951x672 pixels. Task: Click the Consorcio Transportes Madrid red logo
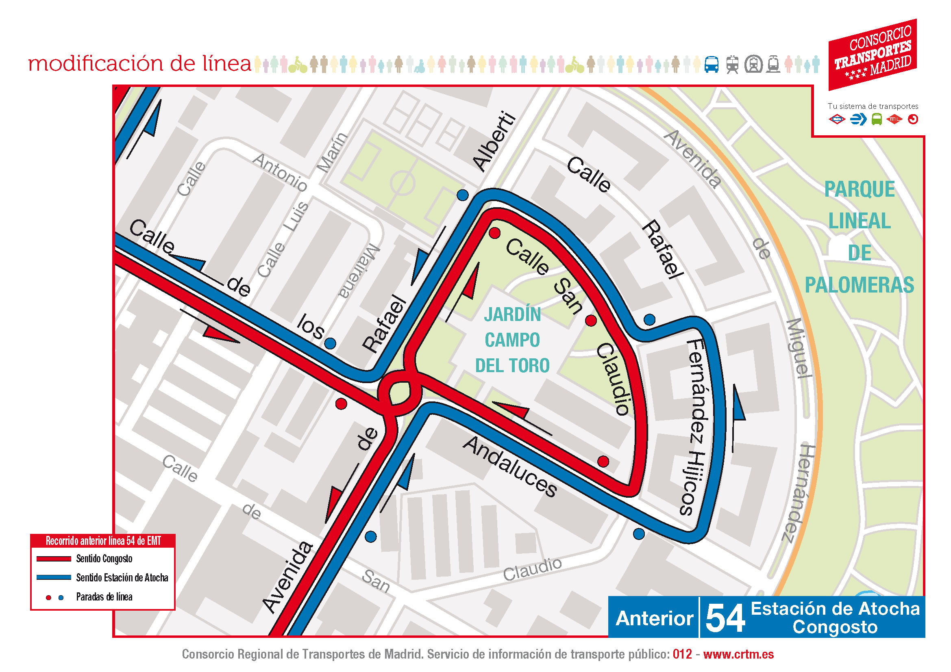(872, 54)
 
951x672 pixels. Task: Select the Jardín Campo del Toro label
(512, 340)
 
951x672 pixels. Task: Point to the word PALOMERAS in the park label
(859, 285)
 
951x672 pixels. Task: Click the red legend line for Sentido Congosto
(54, 559)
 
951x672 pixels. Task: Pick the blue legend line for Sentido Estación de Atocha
(54, 578)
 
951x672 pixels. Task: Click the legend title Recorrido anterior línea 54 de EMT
(103, 541)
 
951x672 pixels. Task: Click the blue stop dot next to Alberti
(463, 195)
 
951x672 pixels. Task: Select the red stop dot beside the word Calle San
(494, 233)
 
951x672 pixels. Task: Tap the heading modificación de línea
(139, 64)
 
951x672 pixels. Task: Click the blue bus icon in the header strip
(712, 65)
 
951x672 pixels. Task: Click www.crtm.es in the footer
(738, 654)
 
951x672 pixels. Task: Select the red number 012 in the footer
(682, 654)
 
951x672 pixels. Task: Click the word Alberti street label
(495, 141)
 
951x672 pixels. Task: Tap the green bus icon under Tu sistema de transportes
(877, 119)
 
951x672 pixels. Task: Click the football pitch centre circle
(402, 182)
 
